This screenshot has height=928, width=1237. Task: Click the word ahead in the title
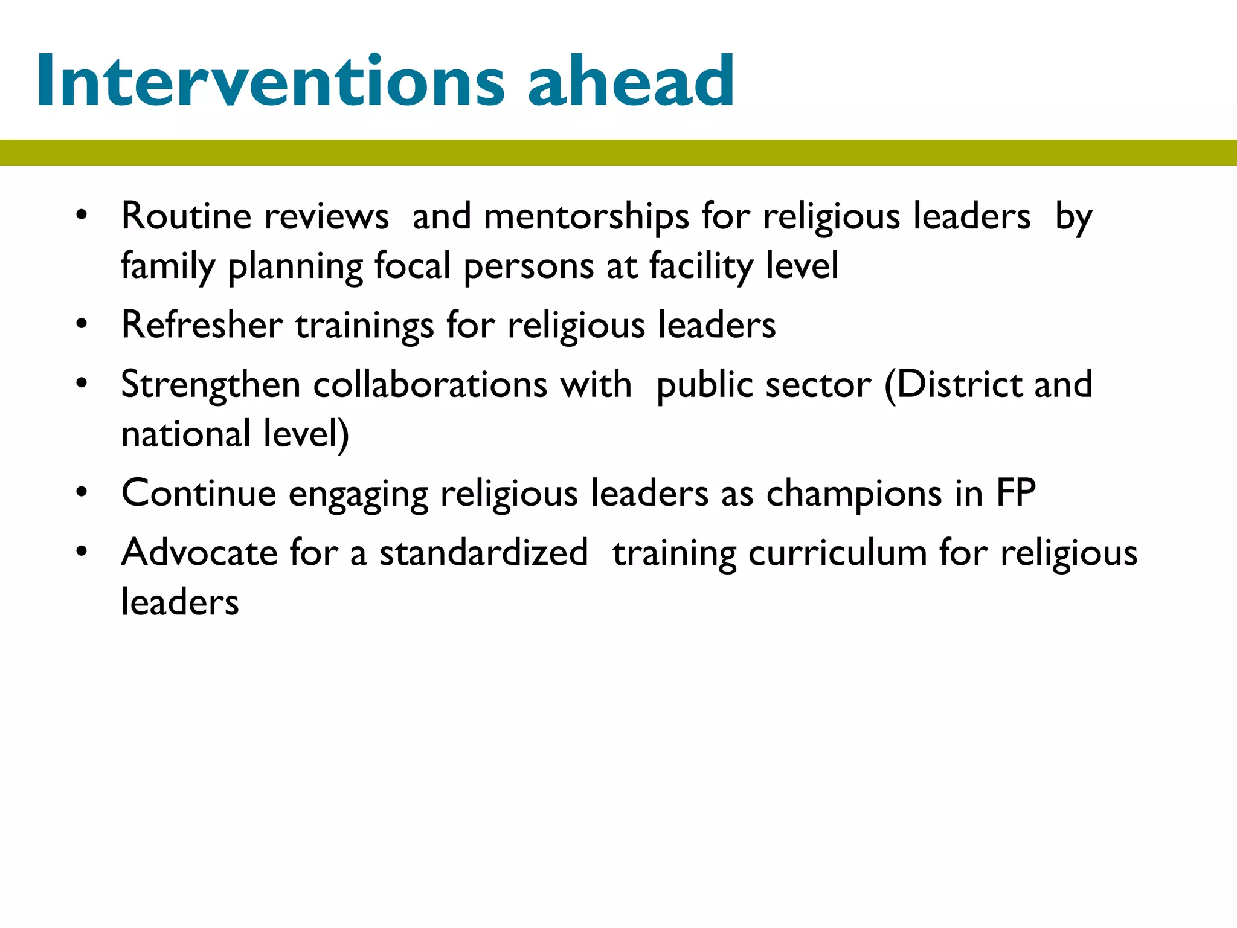pos(631,81)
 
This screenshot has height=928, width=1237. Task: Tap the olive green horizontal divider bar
pos(618,152)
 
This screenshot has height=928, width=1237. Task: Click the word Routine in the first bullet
pos(186,216)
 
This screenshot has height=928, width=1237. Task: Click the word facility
pos(701,266)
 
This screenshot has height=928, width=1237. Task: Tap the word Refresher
pos(202,325)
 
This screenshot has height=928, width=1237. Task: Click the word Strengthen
pos(211,385)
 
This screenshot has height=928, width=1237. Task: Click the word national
pos(186,434)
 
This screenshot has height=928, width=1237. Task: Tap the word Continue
pos(199,493)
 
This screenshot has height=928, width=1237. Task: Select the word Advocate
pos(199,552)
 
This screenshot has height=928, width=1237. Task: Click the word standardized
pos(483,552)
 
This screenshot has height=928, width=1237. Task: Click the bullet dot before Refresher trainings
pos(82,324)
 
